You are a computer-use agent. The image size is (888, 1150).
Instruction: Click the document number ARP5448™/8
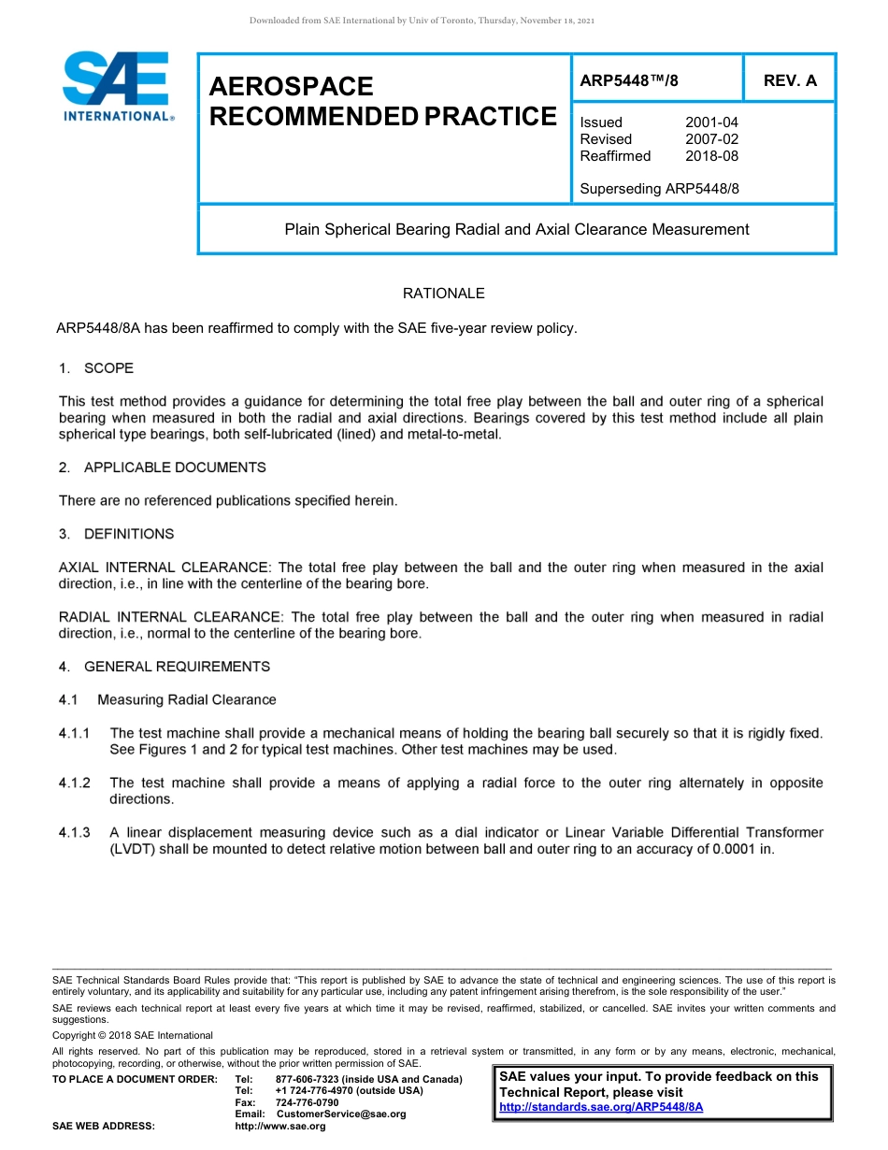click(x=629, y=80)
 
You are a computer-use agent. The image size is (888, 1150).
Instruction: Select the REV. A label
click(x=789, y=80)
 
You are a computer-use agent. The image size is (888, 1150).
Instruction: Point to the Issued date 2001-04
click(x=711, y=122)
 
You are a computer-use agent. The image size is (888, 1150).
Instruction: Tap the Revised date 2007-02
click(x=711, y=139)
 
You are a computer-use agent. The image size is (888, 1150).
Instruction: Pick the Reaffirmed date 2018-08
click(x=711, y=156)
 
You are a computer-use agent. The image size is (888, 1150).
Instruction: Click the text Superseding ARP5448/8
click(x=659, y=189)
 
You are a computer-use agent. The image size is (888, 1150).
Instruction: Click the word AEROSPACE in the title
click(x=291, y=87)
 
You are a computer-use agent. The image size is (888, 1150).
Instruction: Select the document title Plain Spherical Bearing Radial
click(x=516, y=229)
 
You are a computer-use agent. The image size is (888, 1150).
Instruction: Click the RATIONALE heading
click(x=443, y=294)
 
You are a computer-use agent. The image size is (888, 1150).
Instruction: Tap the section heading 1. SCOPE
click(x=96, y=368)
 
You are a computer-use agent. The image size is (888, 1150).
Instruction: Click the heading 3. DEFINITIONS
click(x=116, y=534)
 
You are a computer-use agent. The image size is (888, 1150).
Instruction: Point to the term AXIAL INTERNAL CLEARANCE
click(x=164, y=568)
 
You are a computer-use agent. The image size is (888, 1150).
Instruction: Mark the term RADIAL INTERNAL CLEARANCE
click(x=169, y=617)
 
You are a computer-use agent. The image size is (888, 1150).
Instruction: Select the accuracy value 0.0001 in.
click(x=742, y=849)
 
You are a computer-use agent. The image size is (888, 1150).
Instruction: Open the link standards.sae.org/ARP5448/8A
click(x=601, y=1107)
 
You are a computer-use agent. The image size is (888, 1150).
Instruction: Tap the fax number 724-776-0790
click(x=308, y=1102)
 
